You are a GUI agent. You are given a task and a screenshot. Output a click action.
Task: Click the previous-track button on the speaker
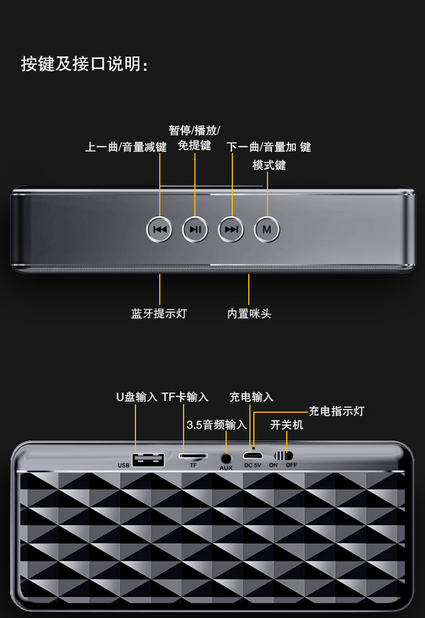point(159,230)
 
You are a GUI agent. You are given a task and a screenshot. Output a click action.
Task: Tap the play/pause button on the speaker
point(195,230)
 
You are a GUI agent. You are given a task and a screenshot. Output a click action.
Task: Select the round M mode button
point(267,230)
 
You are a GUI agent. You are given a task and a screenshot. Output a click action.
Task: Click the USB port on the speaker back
point(148,459)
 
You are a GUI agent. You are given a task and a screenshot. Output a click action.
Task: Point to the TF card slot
point(193,455)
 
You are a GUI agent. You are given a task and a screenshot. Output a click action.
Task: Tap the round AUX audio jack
point(226,458)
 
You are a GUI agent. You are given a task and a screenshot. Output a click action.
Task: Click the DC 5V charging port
point(252,456)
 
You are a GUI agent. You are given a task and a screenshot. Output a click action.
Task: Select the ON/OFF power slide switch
point(283,455)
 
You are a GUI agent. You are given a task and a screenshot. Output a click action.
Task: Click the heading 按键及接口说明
point(85,64)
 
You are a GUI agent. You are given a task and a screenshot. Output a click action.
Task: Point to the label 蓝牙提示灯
point(159,314)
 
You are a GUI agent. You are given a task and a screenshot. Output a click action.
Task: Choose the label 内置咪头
point(249,314)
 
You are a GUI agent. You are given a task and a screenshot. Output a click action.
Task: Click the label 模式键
point(269,165)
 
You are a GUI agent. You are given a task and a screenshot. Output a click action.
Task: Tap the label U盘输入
point(137,397)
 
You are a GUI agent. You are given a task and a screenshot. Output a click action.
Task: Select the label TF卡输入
point(185,397)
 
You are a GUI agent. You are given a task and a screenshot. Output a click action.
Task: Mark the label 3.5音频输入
point(216,425)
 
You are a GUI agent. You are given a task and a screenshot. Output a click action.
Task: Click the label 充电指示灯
point(336,411)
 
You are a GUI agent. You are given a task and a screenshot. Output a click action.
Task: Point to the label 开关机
point(287,425)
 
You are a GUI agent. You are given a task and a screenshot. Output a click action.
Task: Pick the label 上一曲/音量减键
point(126,147)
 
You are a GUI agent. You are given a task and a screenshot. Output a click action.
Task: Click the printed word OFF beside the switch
point(291,465)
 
